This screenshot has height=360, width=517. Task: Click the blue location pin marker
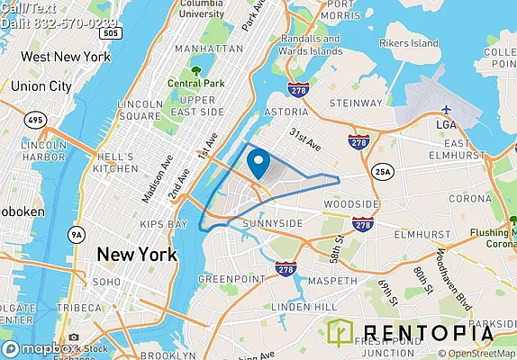pyautogui.click(x=258, y=164)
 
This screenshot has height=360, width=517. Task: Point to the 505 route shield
pyautogui.click(x=110, y=32)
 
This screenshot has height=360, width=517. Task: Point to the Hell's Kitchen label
pyautogui.click(x=115, y=160)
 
